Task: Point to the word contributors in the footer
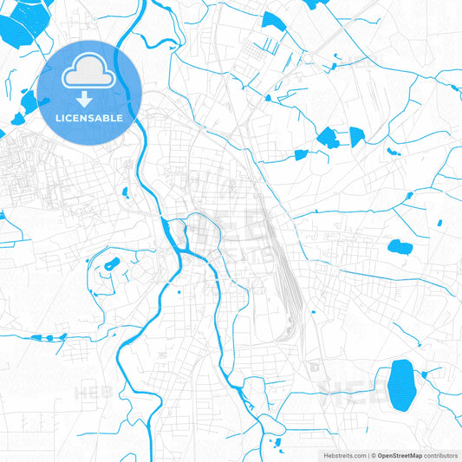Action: point(441,454)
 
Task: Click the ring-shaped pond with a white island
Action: point(111,264)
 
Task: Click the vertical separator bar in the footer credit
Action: point(368,454)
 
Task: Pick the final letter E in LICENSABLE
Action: point(120,117)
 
